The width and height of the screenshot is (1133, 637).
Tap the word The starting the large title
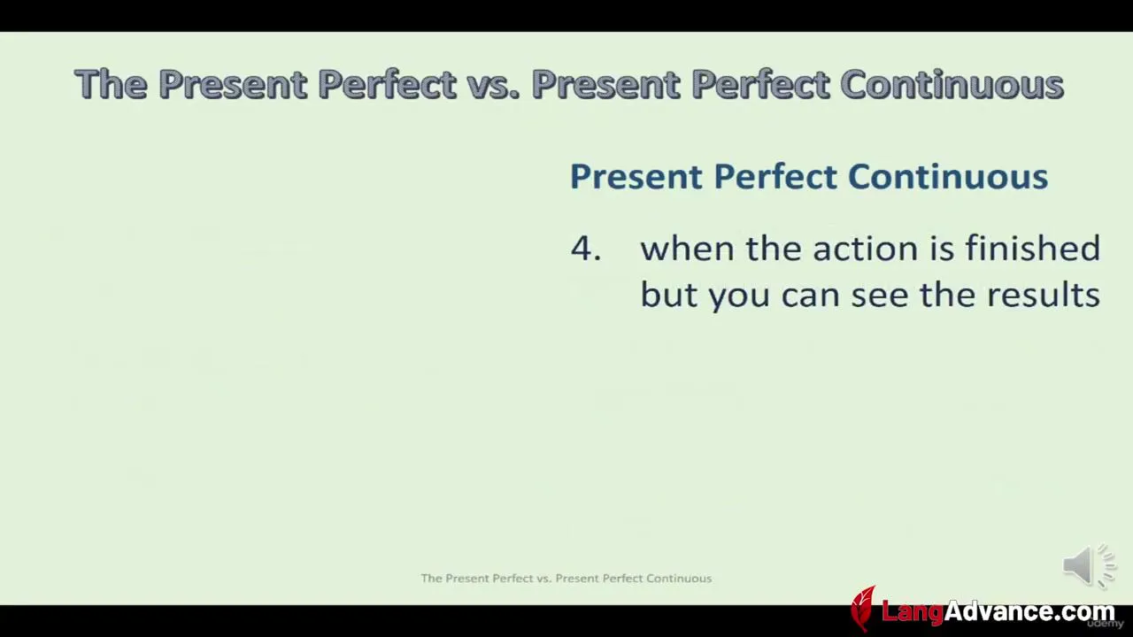pos(112,83)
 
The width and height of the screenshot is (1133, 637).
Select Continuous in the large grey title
pos(952,83)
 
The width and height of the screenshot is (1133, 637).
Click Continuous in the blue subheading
pos(948,176)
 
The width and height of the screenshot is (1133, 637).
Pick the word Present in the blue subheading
pos(636,176)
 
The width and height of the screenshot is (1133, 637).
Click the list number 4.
pos(586,249)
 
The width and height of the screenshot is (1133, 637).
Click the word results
pos(1044,295)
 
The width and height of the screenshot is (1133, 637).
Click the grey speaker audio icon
pos(1089,565)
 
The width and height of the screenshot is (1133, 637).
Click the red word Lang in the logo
pos(913,611)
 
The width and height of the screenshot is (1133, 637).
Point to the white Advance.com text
pos(1029,610)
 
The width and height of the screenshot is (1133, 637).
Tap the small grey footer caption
pos(566,578)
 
